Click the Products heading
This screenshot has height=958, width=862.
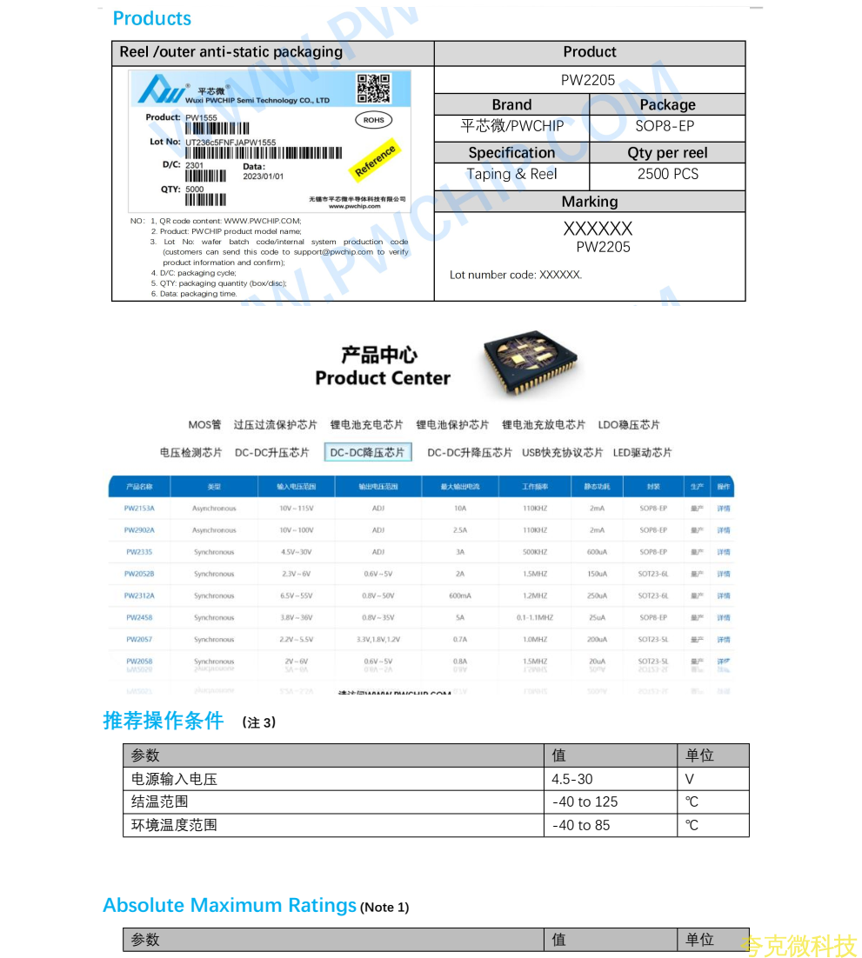[x=151, y=18]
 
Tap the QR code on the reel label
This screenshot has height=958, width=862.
[x=373, y=89]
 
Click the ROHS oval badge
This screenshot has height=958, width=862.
[x=373, y=120]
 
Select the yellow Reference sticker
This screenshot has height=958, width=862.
[x=375, y=160]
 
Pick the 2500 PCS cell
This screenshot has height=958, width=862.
[x=667, y=174]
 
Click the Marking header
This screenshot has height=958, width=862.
[x=589, y=202]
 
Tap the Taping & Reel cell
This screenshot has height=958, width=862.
[x=511, y=174]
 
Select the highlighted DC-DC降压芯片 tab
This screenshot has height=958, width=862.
[x=368, y=453]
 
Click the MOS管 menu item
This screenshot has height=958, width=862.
[x=204, y=425]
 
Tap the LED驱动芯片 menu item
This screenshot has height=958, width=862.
[x=642, y=453]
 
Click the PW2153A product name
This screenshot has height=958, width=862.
[x=139, y=509]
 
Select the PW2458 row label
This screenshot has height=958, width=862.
[x=139, y=618]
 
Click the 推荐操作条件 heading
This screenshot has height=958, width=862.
[x=164, y=721]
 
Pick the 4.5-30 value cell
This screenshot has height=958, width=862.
[x=572, y=779]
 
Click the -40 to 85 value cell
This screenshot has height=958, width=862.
[x=581, y=825]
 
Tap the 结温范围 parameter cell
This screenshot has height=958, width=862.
[x=160, y=802]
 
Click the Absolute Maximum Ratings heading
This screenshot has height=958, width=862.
[x=230, y=906]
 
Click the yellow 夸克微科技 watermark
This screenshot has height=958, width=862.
[x=798, y=946]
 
